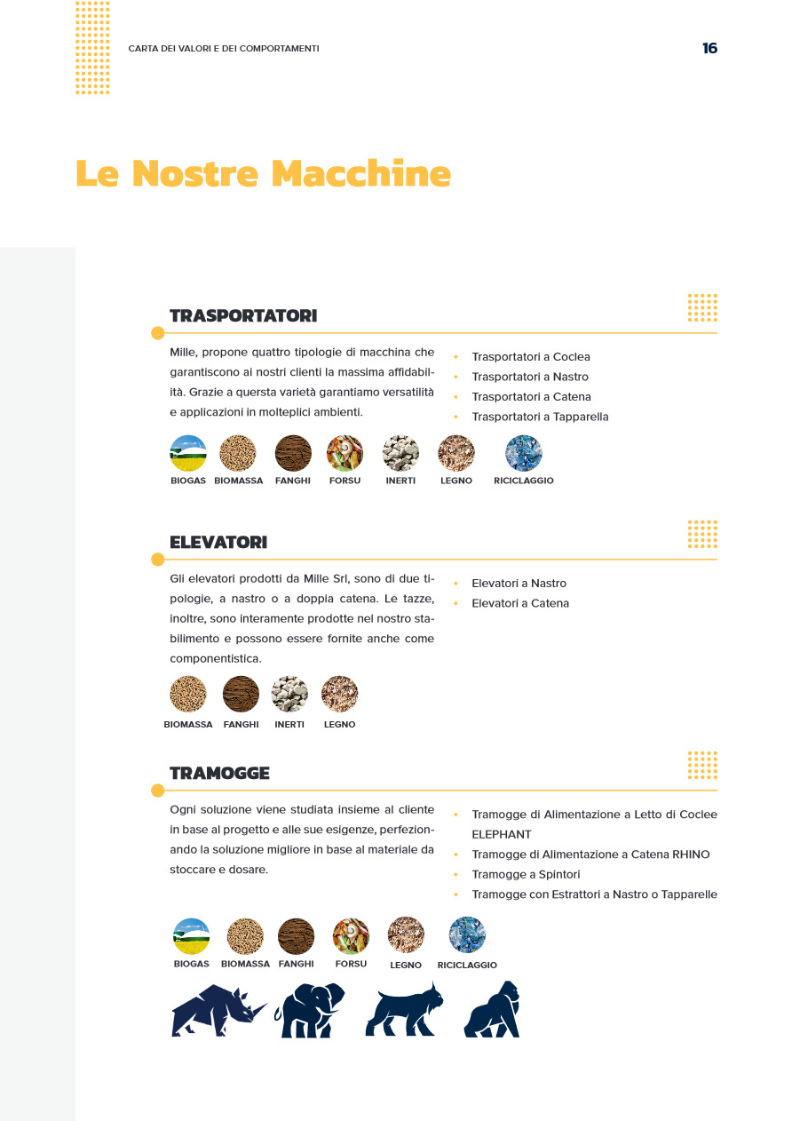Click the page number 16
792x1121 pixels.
[709, 48]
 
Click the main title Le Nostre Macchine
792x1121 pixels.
[263, 172]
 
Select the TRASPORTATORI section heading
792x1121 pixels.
[243, 315]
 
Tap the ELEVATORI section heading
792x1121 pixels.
[218, 542]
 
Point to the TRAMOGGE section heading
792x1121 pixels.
[219, 773]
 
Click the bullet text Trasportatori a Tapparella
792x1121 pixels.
[540, 417]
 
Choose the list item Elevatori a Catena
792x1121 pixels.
[520, 603]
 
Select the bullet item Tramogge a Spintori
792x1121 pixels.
[526, 874]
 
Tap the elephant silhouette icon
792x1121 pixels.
[309, 1010]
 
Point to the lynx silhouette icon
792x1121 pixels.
[404, 1010]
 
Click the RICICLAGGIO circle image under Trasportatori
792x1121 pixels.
[524, 453]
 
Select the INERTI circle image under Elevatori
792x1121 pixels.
[289, 694]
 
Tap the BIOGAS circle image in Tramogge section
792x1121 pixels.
[192, 936]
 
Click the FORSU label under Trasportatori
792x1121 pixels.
[345, 481]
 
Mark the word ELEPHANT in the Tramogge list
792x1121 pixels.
[502, 834]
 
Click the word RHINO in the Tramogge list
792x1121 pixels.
[691, 855]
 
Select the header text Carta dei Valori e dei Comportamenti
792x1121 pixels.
[224, 48]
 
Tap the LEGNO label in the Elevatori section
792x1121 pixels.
[339, 725]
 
